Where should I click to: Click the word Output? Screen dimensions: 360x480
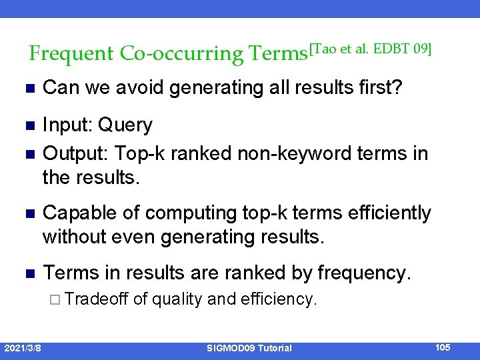click(x=75, y=153)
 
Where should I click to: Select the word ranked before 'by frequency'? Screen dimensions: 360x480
click(x=255, y=273)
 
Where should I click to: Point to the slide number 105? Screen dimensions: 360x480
click(x=442, y=347)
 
